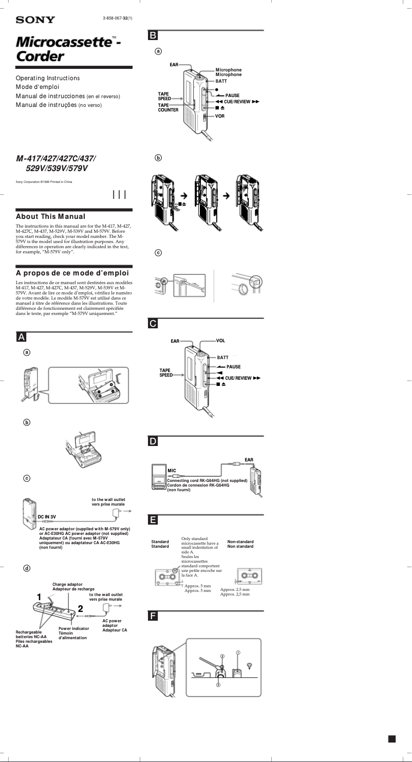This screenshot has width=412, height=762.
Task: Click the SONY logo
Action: pos(35,20)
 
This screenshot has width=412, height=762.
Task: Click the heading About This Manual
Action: pos(50,217)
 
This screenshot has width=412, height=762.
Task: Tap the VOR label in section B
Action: pos(220,116)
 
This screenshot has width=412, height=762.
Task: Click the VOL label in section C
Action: pos(220,341)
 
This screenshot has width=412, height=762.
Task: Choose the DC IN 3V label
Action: pos(47,516)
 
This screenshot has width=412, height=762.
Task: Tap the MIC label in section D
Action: pos(172,470)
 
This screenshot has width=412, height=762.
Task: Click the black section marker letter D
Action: pos(153,441)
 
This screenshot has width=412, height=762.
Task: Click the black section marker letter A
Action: pos(21,337)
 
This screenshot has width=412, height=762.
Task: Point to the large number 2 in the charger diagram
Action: pos(80,609)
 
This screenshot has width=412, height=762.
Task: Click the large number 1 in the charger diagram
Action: pos(39,597)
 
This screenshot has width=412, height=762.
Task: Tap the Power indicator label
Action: pos(73,628)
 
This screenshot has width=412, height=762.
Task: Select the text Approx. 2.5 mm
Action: pos(235,590)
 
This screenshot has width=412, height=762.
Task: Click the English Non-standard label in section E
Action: pos(240,542)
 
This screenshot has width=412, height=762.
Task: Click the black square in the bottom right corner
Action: pos(392,739)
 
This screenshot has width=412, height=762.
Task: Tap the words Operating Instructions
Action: pos(48,78)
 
